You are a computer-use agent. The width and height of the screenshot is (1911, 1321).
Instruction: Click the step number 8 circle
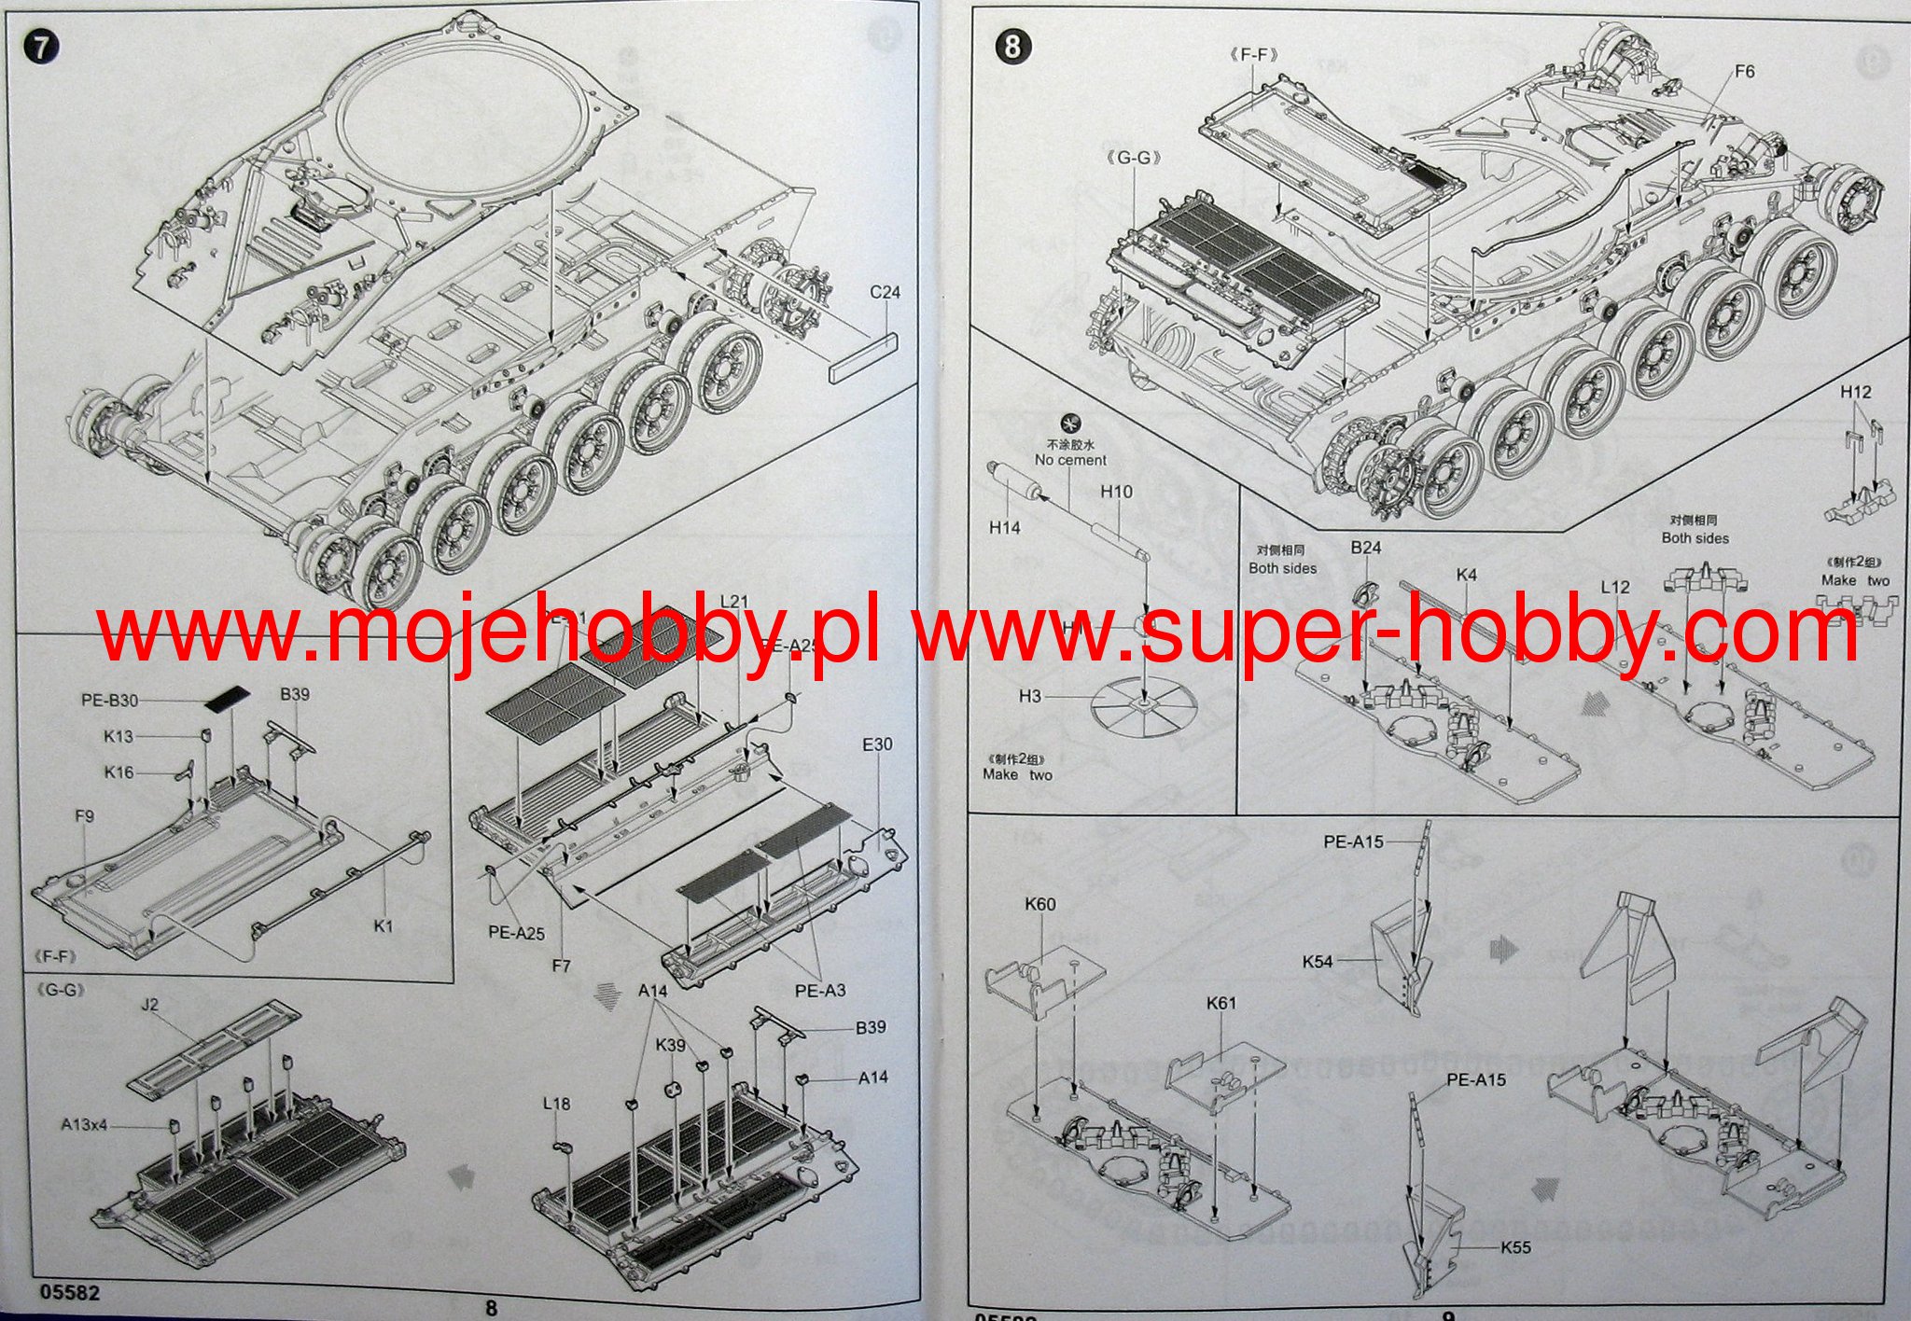point(1013,46)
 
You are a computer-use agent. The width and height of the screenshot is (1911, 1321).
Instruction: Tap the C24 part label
point(885,292)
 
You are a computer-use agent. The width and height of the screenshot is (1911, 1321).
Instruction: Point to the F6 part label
point(1744,71)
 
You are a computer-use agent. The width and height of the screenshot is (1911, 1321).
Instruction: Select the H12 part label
point(1855,392)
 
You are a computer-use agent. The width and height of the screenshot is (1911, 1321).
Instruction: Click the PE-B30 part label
point(109,700)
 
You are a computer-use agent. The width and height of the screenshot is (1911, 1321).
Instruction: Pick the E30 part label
point(877,744)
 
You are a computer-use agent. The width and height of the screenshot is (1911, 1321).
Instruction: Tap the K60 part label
point(1040,904)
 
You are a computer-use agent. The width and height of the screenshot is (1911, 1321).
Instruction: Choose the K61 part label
point(1221,1003)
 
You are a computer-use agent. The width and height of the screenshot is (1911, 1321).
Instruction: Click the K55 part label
point(1516,1246)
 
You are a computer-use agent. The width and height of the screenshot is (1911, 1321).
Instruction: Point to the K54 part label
point(1317,961)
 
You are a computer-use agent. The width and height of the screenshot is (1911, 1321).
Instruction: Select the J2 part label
point(150,1005)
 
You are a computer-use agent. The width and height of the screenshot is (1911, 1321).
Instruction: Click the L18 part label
point(556,1104)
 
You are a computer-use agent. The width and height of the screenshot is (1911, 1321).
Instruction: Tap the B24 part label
point(1365,548)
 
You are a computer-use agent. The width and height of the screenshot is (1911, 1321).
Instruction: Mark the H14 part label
point(1004,528)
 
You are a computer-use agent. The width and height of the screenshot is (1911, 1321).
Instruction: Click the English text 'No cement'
point(1070,460)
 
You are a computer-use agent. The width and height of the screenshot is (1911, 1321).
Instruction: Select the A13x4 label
point(84,1124)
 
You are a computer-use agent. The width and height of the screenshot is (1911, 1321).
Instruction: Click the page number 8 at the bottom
point(491,1308)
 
